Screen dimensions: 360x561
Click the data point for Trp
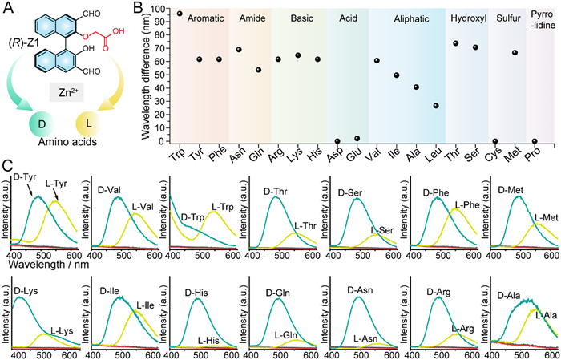click(x=180, y=14)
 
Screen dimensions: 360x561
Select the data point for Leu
click(x=436, y=106)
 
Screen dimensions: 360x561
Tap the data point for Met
click(x=515, y=53)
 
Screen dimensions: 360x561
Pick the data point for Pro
click(x=535, y=141)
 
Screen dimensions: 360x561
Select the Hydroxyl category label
click(x=466, y=17)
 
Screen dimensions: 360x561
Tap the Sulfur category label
click(x=505, y=17)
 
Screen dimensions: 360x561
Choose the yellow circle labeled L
click(x=91, y=127)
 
